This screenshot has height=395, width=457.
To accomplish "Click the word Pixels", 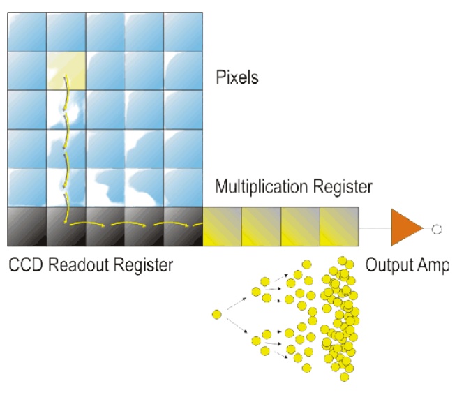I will click(x=237, y=77).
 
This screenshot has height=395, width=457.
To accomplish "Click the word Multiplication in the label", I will click(x=258, y=187).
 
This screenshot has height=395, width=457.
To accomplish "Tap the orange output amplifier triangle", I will click(x=405, y=228).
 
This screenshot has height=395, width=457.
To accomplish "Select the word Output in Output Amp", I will click(x=387, y=265).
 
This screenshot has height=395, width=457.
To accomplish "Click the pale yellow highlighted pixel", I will click(x=66, y=70).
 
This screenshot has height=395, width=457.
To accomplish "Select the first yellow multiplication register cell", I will click(x=222, y=227).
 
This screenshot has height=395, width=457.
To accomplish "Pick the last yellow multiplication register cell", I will click(x=339, y=227).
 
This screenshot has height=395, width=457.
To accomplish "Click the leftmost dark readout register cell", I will click(x=27, y=227).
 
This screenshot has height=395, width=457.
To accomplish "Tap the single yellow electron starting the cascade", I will click(x=216, y=315).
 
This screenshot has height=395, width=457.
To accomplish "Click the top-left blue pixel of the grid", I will click(x=27, y=31).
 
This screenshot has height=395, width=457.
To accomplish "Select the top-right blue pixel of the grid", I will click(x=183, y=31).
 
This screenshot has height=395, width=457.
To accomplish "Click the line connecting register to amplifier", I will click(x=374, y=228).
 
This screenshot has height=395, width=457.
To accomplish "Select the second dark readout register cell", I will click(x=66, y=227).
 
